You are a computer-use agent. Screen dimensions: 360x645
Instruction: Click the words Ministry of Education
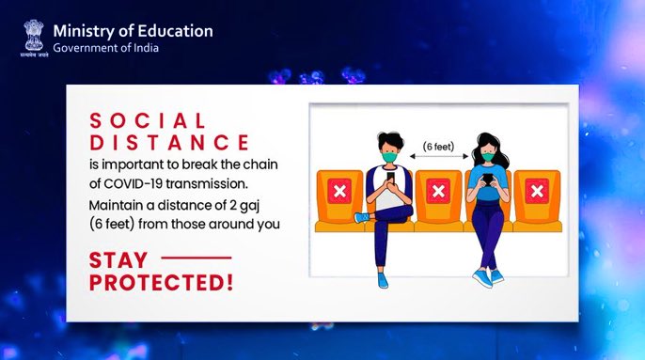coord(133,30)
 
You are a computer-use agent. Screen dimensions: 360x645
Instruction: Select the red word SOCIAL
coord(148,121)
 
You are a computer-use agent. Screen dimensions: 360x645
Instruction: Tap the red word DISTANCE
coord(169,143)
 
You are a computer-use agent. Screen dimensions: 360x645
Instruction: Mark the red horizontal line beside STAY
coord(197,257)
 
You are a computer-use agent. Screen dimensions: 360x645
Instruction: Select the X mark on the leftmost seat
coord(338,192)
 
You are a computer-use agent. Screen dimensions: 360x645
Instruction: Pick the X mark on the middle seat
coord(437,192)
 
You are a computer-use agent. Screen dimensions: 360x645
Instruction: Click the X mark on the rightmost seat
coord(537,192)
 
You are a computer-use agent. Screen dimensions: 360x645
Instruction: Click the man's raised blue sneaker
coord(363,218)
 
